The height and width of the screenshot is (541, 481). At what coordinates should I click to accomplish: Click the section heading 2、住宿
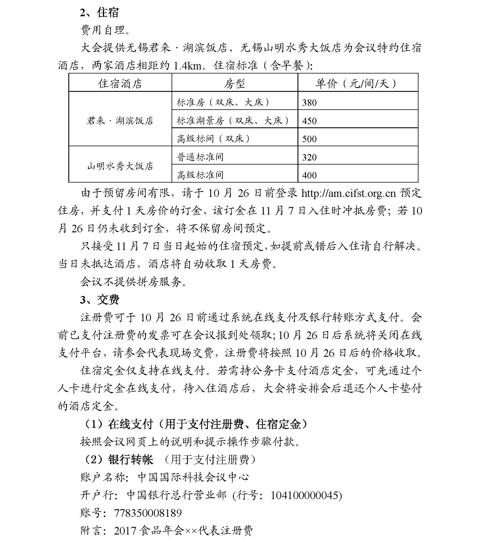click(x=99, y=13)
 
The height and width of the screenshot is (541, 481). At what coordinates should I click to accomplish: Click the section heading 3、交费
click(x=99, y=300)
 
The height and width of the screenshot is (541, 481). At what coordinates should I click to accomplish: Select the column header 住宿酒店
click(x=120, y=83)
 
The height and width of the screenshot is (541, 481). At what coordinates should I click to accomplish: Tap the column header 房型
click(x=234, y=83)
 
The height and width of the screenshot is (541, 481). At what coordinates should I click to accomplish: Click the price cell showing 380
click(x=309, y=103)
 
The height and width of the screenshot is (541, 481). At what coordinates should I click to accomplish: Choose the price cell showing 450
click(x=309, y=121)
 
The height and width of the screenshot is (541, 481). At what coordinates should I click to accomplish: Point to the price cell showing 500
click(x=309, y=139)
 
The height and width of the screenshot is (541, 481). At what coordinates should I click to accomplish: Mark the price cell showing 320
click(x=309, y=157)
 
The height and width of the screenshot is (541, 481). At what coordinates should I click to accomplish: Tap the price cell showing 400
click(x=309, y=175)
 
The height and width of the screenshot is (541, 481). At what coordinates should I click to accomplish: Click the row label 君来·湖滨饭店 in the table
click(x=120, y=120)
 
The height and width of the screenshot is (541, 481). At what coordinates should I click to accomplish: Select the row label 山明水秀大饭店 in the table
click(x=120, y=166)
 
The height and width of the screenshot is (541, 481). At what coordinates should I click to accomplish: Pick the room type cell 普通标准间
click(x=200, y=157)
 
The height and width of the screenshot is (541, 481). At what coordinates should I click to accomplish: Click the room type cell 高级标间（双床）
click(x=213, y=139)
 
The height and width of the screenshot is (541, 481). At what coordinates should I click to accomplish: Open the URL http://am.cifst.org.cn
click(x=348, y=193)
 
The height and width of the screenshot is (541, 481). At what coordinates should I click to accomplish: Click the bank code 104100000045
click(x=305, y=495)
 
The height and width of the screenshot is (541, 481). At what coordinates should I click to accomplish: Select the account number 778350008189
click(x=148, y=513)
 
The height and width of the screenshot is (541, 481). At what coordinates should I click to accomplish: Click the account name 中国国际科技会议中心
click(x=193, y=477)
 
